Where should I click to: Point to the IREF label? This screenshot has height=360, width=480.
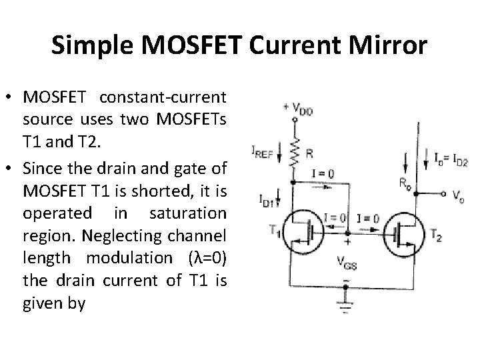(x=262, y=153)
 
